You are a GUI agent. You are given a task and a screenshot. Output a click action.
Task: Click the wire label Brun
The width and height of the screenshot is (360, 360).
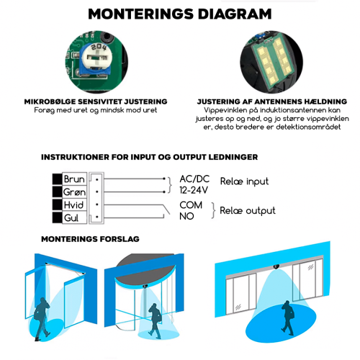tap(74, 179)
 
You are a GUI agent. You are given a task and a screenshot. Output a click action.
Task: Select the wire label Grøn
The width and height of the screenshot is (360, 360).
tap(74, 192)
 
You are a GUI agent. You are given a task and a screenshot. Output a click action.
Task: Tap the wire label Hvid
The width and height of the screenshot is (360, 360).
tap(73, 205)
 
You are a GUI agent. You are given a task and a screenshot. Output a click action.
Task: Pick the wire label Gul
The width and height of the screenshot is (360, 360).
tap(71, 218)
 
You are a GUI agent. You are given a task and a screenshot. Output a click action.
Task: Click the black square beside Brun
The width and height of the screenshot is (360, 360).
tap(57, 179)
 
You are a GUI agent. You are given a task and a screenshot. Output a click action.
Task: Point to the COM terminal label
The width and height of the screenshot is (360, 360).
tap(191, 205)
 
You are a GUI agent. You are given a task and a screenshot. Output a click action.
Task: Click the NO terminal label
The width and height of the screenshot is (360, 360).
tap(186, 216)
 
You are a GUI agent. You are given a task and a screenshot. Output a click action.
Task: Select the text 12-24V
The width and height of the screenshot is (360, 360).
tap(194, 190)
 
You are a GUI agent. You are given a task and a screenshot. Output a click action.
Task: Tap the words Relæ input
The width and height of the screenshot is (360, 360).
tap(244, 181)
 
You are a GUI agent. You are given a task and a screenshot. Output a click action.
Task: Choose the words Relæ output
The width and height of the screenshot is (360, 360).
tap(248, 211)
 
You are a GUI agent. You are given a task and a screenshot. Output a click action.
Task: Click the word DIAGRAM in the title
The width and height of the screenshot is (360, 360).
tap(235, 14)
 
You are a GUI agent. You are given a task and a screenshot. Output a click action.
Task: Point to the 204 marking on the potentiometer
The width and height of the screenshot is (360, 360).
tap(99, 47)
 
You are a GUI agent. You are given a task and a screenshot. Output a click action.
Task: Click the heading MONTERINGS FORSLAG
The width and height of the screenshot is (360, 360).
tap(90, 239)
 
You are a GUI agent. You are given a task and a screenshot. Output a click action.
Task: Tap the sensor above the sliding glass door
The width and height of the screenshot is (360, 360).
tap(276, 266)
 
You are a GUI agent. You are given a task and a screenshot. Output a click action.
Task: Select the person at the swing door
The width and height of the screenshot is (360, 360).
tap(42, 319)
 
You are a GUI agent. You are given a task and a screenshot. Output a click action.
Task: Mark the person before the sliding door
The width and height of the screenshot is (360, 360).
tap(287, 318)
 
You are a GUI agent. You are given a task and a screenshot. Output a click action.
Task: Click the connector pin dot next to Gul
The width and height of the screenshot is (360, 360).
tap(97, 217)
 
